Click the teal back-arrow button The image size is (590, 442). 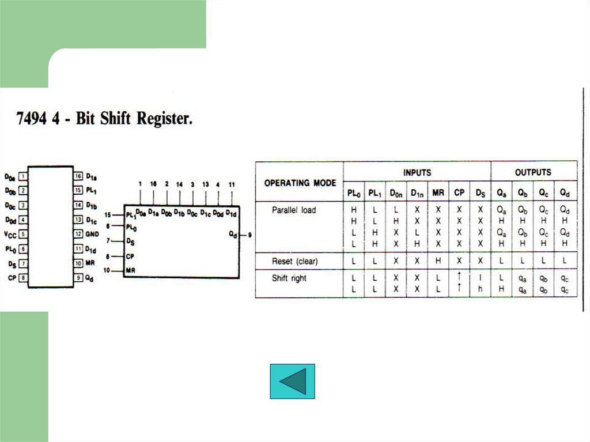coord(292,381)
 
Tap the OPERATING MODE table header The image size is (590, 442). coord(300,183)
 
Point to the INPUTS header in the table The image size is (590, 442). coord(417,172)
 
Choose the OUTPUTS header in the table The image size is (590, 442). coord(532,172)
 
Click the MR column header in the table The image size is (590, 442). coord(438,192)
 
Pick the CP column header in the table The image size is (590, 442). coord(459,192)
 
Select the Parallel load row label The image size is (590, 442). coord(294,210)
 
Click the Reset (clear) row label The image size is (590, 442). coord(294,261)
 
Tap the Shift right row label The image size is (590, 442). coord(289,278)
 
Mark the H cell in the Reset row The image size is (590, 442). coord(438,261)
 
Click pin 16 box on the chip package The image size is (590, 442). coord(78,176)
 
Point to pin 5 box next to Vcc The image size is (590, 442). coord(22,235)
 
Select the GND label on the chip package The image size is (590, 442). coord(92,235)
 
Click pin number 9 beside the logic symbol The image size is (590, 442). coord(249,235)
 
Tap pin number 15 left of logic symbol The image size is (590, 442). coord(107,215)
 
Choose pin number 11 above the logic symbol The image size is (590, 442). coord(232,184)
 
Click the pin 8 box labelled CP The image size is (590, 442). coord(22,278)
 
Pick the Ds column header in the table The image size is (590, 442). coord(481,192)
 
